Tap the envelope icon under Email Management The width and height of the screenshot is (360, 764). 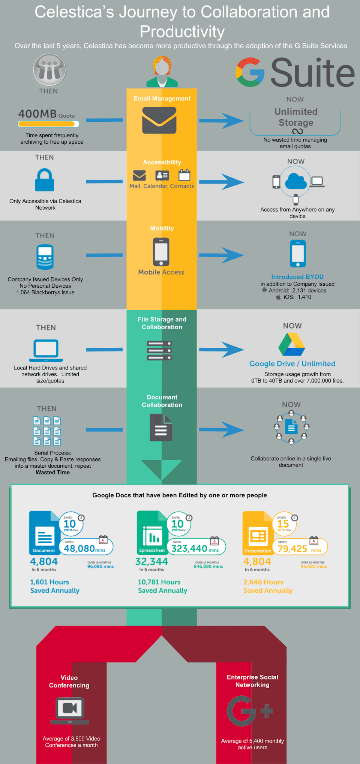159,120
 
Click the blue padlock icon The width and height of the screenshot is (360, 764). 45,180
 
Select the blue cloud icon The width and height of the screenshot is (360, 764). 296,182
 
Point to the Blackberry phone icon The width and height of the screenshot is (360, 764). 45,257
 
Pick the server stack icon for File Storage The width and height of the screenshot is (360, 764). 159,350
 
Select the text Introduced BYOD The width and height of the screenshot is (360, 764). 297,277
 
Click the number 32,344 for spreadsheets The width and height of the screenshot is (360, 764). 151,561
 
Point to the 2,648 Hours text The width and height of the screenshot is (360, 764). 263,582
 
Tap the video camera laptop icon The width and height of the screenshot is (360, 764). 70,710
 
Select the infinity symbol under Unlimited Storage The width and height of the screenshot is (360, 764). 297,131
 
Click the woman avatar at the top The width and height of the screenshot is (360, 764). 162,72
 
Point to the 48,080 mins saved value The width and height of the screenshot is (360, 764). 85,549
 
